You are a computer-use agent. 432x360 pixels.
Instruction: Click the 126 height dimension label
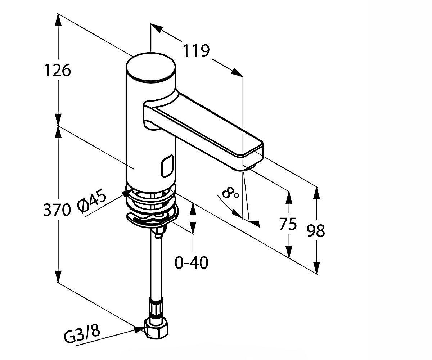[x=58, y=70]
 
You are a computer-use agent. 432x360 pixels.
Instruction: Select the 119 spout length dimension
[x=196, y=51]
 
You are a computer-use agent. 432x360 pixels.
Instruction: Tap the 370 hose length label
[x=57, y=210]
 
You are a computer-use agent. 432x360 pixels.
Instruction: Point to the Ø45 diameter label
[x=92, y=202]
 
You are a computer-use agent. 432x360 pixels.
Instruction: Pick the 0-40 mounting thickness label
[x=192, y=263]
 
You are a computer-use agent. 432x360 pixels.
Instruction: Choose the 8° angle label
[x=230, y=193]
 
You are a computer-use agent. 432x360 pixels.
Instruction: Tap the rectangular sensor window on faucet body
[x=168, y=166]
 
